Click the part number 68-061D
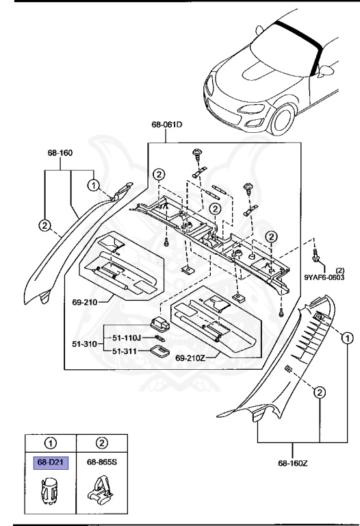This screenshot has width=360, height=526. pos(167,125)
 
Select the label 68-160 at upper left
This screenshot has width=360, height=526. pos(60,153)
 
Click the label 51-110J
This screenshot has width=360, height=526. pos(127,338)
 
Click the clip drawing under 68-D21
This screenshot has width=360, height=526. pos(49,492)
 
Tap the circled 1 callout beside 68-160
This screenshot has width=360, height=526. pos(94,184)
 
